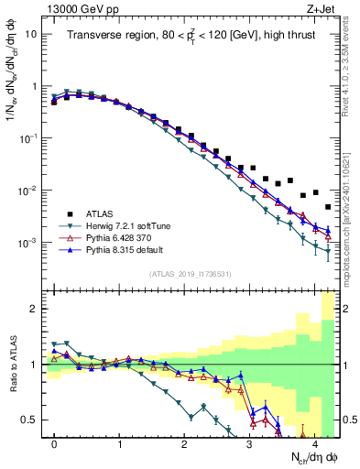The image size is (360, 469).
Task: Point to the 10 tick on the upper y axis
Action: tap(31, 33)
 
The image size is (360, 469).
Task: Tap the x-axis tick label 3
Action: tap(249, 442)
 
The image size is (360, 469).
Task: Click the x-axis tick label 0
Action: tap(55, 442)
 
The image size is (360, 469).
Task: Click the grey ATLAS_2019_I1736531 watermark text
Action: tap(191, 274)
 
